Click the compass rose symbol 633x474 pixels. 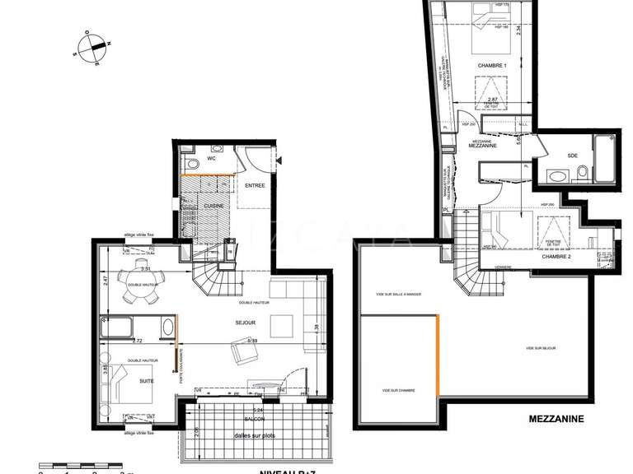(91, 47)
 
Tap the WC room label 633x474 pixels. (211, 158)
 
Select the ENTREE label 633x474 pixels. (255, 186)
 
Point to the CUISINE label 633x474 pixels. (216, 205)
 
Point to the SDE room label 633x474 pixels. (573, 156)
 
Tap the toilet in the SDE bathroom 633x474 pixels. (582, 173)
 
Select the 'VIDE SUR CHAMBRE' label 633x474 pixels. (398, 390)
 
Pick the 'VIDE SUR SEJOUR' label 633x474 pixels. (541, 348)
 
